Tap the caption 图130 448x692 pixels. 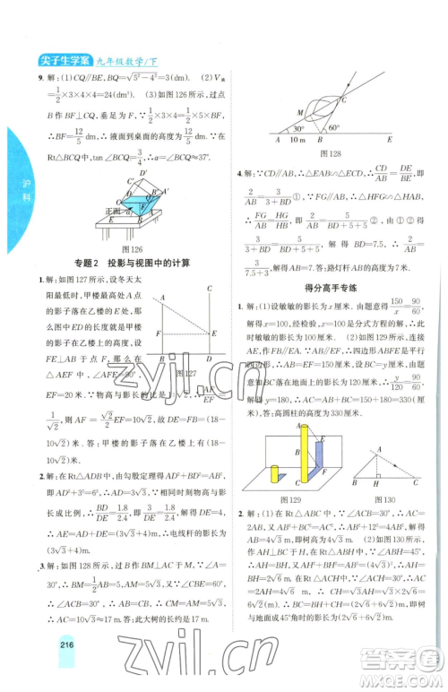[x=377, y=497]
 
